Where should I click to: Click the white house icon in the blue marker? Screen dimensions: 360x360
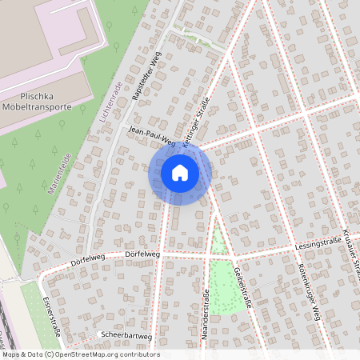pyautogui.click(x=180, y=172)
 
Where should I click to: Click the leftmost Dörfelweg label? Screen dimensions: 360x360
pyautogui.click(x=88, y=260)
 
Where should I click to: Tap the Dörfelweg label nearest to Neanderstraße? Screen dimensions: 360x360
pyautogui.click(x=142, y=254)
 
